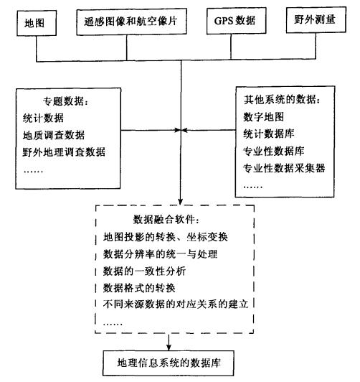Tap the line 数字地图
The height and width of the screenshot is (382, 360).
click(269, 116)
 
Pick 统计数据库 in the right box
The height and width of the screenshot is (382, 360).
click(274, 134)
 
